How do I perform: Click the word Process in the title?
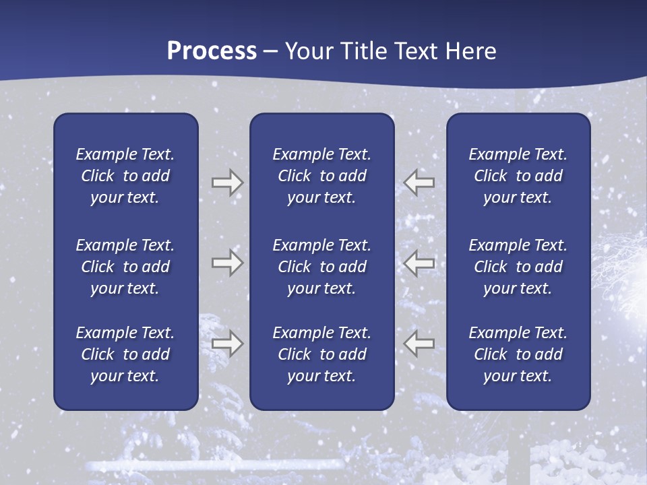(212, 51)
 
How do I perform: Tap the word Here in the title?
(471, 51)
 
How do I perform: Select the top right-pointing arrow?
(227, 183)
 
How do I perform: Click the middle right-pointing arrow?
(227, 263)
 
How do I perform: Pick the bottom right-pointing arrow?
(227, 344)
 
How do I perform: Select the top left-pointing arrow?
(419, 183)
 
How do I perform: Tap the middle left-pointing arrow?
(419, 263)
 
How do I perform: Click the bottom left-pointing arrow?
(419, 344)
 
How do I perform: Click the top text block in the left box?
(125, 176)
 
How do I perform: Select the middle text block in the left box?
(125, 267)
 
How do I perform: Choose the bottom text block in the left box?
(125, 354)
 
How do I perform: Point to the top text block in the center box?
(321, 176)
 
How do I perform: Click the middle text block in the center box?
(321, 267)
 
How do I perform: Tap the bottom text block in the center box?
(321, 354)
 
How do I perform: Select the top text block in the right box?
(518, 176)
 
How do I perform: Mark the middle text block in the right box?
(518, 267)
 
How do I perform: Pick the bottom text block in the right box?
(518, 354)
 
